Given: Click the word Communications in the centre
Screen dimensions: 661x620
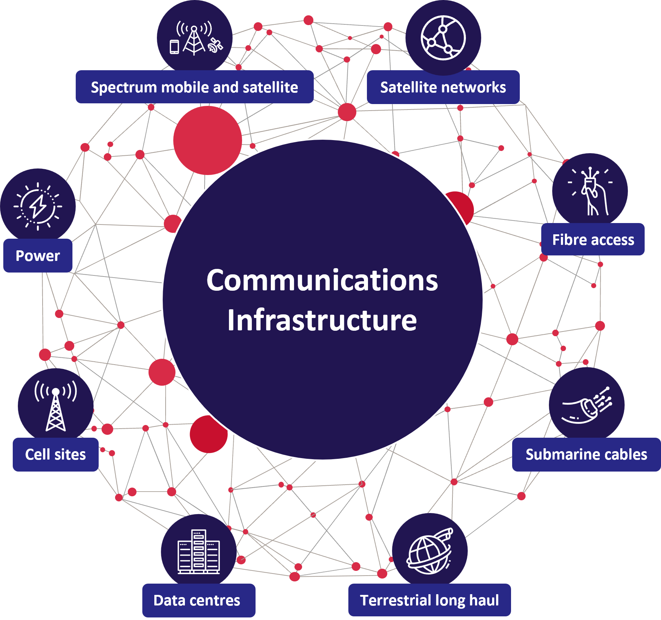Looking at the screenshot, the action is click(322, 281).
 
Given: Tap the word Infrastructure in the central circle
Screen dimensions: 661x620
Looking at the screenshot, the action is click(322, 320).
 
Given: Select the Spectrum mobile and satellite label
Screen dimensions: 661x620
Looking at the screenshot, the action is click(195, 87).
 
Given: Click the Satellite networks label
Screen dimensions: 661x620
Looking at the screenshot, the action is click(443, 87).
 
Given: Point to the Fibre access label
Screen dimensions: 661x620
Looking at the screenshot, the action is click(593, 239).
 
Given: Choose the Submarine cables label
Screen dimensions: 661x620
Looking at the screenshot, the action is click(586, 454).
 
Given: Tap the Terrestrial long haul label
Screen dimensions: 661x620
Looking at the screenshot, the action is click(430, 600).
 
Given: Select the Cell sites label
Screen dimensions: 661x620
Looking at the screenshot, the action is click(56, 454).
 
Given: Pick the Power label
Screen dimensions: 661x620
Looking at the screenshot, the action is click(38, 255).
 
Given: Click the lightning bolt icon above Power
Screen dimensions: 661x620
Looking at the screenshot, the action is click(38, 206).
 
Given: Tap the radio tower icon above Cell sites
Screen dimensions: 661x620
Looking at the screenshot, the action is click(56, 405).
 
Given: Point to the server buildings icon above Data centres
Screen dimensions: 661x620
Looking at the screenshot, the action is click(199, 552).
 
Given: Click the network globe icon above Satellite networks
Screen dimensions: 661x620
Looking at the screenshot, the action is click(443, 38).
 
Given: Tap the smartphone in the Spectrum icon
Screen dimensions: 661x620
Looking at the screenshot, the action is click(175, 47).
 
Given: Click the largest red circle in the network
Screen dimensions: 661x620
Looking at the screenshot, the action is click(207, 140).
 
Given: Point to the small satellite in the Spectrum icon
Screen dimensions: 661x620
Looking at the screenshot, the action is click(215, 46).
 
